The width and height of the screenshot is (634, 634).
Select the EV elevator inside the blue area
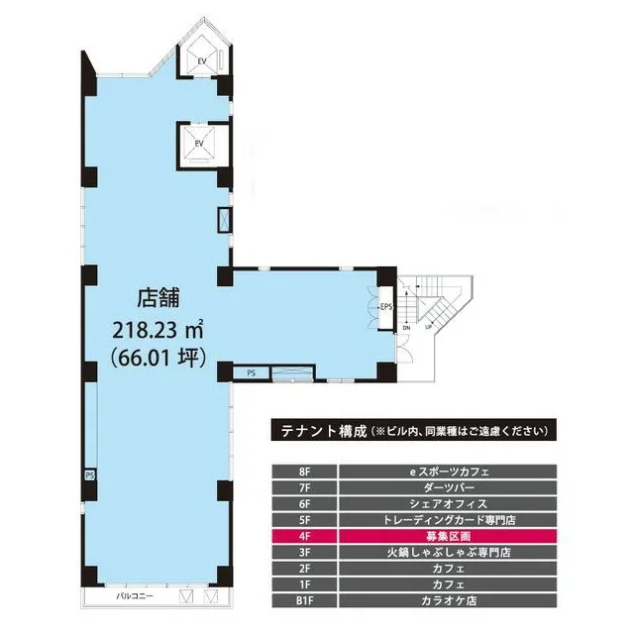tap(200, 144)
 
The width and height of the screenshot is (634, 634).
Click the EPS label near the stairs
tap(385, 307)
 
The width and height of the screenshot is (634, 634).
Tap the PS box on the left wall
tap(89, 475)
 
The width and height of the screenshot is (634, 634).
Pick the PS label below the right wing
tap(251, 372)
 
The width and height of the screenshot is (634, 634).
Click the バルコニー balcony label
tap(133, 596)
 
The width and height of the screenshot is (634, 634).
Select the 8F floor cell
tap(303, 472)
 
